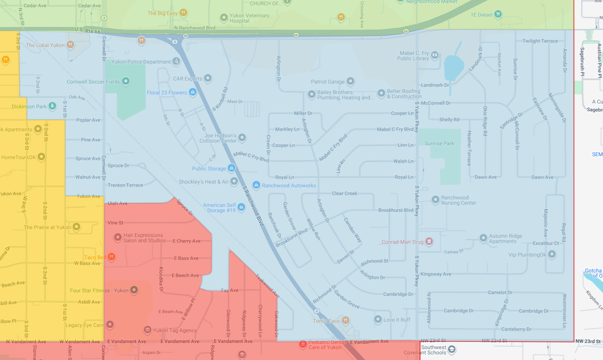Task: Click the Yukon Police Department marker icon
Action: coord(176,61)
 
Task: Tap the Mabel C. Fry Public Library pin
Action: coord(435,55)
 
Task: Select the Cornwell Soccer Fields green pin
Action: coord(126,81)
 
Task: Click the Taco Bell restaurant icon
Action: coord(111,257)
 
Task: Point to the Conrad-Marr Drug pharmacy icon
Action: coord(429,242)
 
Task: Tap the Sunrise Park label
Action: coord(439,143)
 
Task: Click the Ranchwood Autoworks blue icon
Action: coord(256,185)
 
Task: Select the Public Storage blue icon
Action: coord(231,168)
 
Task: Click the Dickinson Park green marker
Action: coord(52,106)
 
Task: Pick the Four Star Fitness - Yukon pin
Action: coord(134,290)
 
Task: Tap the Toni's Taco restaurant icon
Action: coord(346,321)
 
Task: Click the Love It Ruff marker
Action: coord(378,319)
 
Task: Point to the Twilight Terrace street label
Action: coord(540,41)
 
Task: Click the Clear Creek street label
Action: coord(344,193)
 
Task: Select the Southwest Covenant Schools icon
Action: coord(452,349)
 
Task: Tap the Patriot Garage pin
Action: coord(350,81)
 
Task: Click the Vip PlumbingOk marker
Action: coord(552,254)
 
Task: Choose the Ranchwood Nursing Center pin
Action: coord(435,200)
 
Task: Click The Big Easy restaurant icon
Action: coord(183,13)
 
